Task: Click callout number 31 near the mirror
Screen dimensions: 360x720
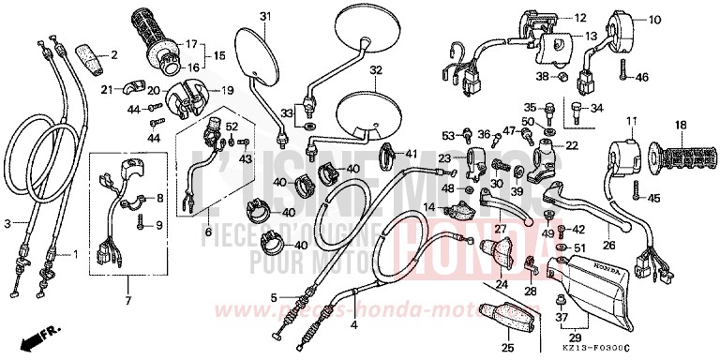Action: (264, 17)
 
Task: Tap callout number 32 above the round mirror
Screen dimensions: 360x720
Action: (376, 70)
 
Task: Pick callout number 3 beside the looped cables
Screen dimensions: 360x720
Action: (7, 223)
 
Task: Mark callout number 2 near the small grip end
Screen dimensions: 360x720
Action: (113, 54)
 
